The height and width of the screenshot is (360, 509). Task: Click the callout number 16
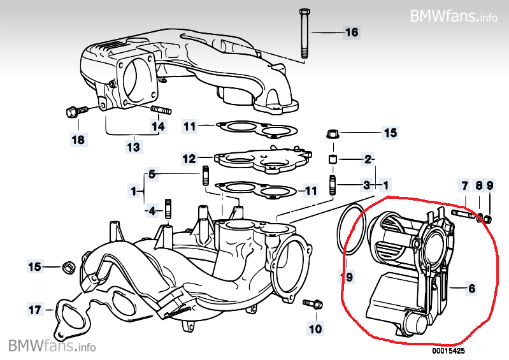(352, 32)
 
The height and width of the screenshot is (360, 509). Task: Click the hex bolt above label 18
(72, 112)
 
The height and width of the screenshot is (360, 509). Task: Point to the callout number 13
(133, 147)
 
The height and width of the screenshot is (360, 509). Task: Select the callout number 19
(347, 277)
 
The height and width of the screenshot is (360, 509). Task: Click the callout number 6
(471, 288)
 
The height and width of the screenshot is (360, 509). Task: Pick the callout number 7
(465, 185)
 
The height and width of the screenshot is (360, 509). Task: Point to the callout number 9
(490, 185)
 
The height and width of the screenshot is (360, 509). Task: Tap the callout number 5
(152, 173)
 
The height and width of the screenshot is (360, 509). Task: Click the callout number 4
(151, 210)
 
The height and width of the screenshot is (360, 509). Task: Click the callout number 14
(158, 126)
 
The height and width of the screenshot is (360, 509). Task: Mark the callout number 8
(478, 185)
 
